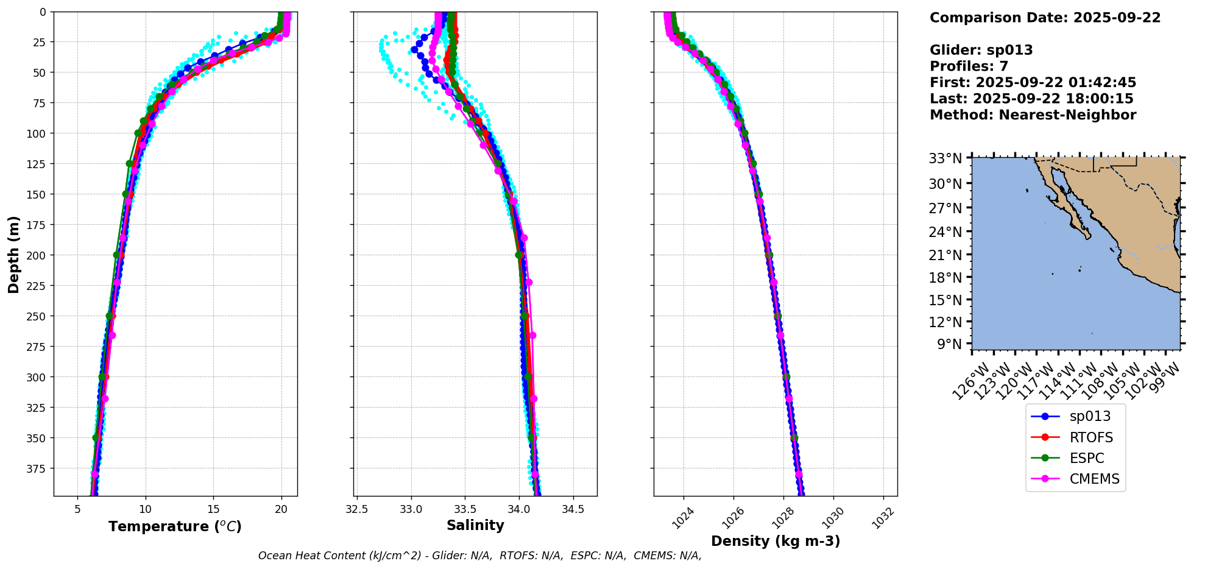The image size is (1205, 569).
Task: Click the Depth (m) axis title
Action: click(13, 254)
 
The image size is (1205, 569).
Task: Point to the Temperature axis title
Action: click(175, 526)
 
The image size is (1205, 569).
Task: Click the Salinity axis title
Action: click(475, 526)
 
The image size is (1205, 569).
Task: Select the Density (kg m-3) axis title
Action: click(776, 541)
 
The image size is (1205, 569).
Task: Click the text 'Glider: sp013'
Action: click(981, 50)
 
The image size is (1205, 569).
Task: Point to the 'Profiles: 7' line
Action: click(969, 66)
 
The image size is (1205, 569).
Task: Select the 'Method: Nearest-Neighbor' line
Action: click(1033, 115)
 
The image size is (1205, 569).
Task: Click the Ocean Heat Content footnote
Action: click(479, 556)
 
